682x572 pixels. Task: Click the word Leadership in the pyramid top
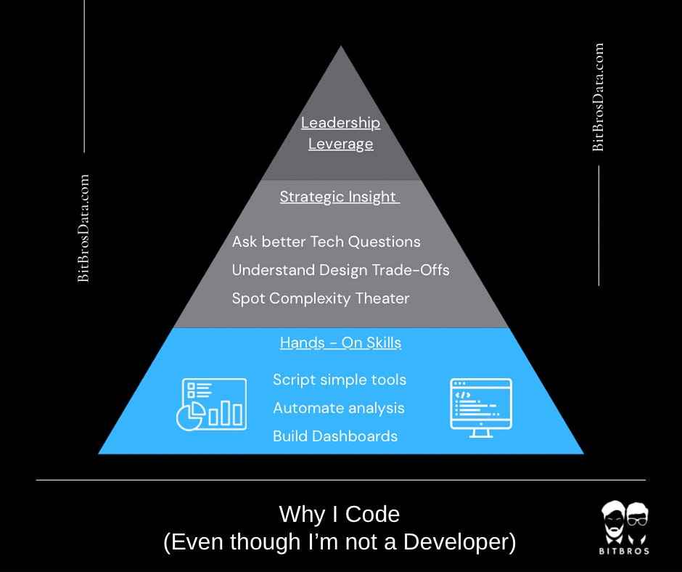pos(340,123)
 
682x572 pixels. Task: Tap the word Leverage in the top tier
pos(340,144)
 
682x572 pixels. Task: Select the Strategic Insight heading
pos(339,197)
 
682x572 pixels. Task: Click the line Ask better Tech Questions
pos(326,242)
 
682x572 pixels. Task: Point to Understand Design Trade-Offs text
pos(340,270)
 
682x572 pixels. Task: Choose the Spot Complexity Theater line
pos(320,298)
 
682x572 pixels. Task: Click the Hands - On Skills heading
pos(340,343)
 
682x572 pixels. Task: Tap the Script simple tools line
pos(339,380)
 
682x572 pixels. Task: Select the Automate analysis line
pos(338,408)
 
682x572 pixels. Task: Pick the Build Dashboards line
pos(334,436)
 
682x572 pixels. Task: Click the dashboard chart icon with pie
pos(210,404)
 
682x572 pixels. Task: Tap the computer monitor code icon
pos(480,407)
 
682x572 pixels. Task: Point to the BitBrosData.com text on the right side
pos(598,97)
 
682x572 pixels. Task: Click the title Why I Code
pos(340,515)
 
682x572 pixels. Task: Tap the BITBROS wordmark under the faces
pos(625,551)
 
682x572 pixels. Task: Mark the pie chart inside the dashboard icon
pos(190,416)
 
